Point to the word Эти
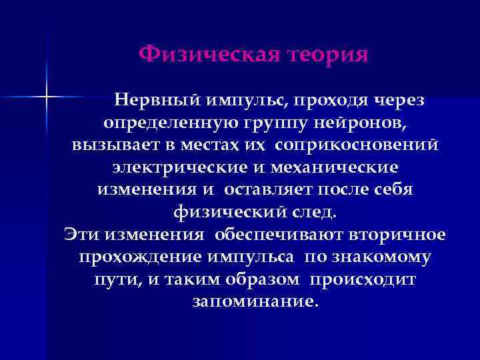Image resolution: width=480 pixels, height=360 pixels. pyautogui.click(x=79, y=234)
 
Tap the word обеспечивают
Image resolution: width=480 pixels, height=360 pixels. pyautogui.click(x=281, y=234)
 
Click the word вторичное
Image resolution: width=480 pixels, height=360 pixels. pyautogui.click(x=400, y=234)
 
